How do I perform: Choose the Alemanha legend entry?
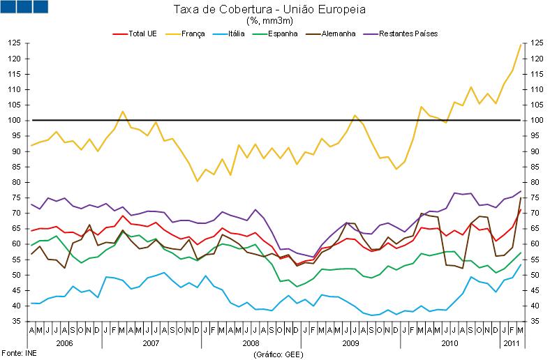339,33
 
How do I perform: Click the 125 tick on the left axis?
13,43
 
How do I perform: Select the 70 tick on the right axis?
535,213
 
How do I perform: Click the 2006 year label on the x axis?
64,343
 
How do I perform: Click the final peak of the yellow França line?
520,45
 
